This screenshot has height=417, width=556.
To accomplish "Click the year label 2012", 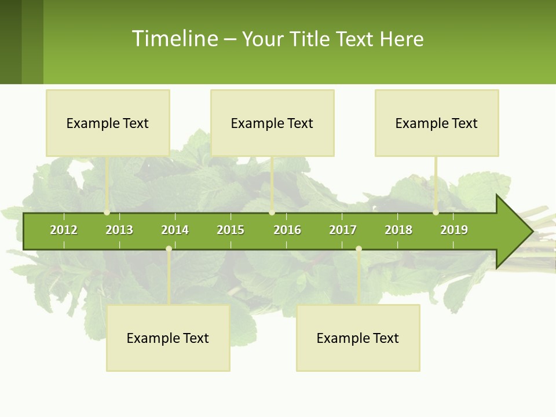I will coord(64,230).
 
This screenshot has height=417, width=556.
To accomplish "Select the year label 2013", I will coord(119,230).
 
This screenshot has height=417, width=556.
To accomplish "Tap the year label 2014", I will coord(175,230).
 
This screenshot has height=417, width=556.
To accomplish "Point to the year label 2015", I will coord(231,230).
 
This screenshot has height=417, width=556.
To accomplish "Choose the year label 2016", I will coord(287,230).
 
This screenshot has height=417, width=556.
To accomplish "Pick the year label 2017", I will coord(343,230).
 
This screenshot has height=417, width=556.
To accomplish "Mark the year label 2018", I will coord(398,230).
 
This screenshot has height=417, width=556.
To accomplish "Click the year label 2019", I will coord(454,230).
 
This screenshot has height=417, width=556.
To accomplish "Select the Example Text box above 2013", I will coord(108,123).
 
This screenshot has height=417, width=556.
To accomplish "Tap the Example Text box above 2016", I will coord(272,123).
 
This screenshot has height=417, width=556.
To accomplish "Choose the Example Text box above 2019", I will coord(437,123).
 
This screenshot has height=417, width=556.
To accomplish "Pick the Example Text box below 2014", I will coord(168,338).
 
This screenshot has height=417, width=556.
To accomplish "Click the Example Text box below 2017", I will coord(358,338).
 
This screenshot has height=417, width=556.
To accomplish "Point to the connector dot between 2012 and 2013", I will coord(107,213).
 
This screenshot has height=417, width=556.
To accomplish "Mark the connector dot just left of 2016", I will coord(272,213).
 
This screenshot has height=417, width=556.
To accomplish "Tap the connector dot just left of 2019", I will coord(436,213).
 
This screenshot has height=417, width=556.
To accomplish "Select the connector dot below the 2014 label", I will coord(169,249).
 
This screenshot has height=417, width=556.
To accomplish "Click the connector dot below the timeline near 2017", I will coord(359,249).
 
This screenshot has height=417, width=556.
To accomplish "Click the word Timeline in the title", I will coord(174,39).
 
